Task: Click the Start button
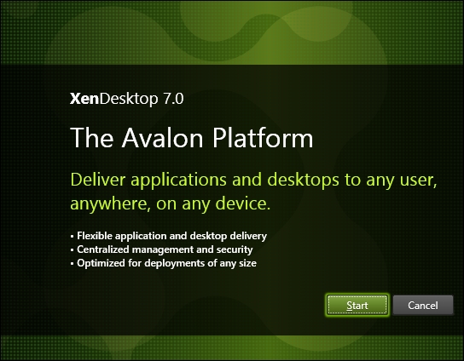357,305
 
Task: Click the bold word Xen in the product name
83,98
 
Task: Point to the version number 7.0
171,98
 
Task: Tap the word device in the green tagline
246,203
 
